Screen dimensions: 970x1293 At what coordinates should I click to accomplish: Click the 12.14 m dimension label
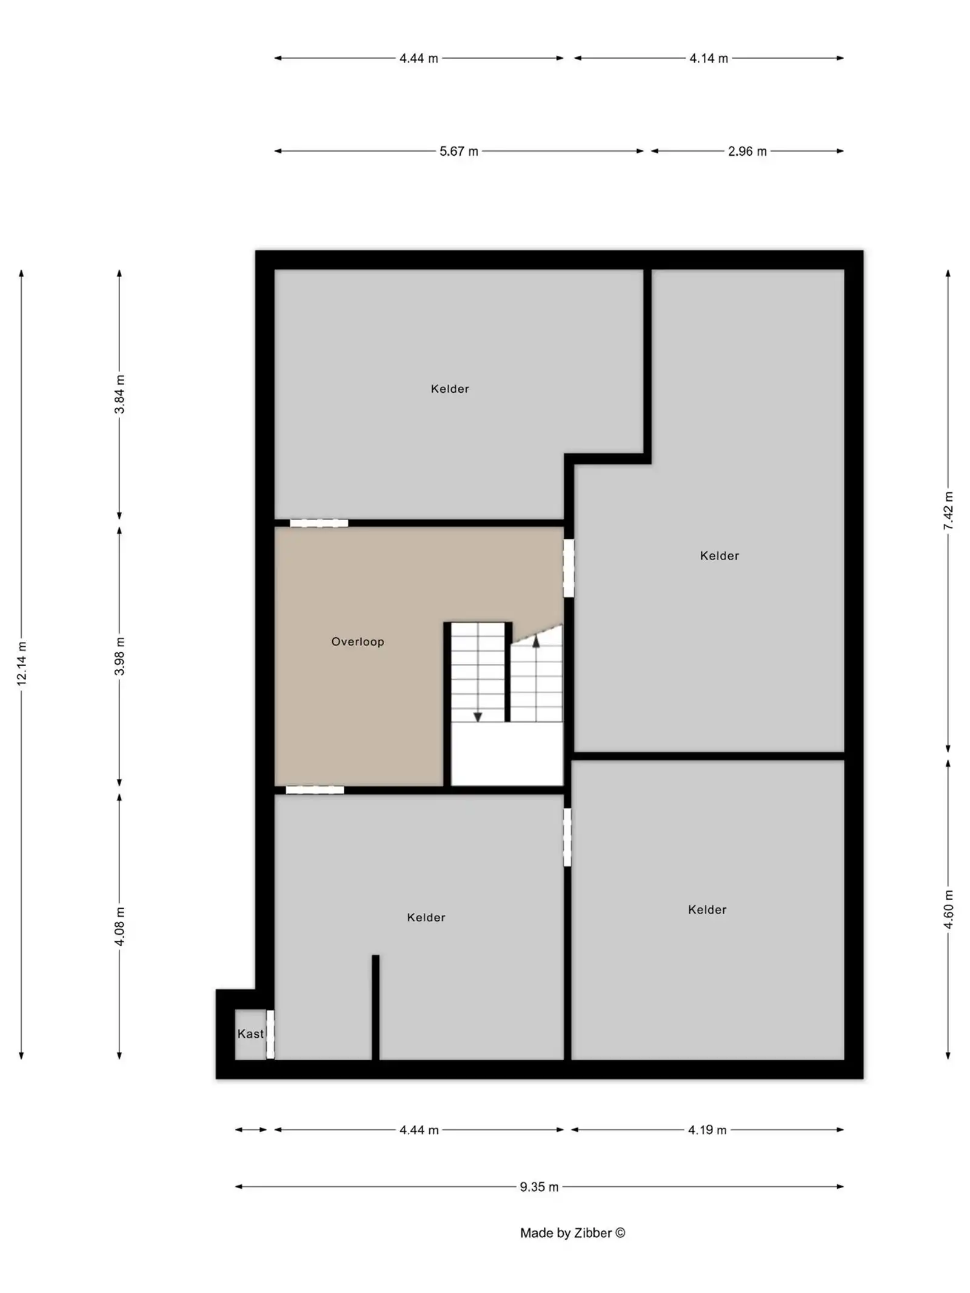(22, 663)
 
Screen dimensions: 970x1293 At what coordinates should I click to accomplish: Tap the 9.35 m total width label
(539, 1187)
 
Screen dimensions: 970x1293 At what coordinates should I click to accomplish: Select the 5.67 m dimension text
(459, 151)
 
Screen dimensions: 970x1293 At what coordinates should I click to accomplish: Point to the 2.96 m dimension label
(748, 151)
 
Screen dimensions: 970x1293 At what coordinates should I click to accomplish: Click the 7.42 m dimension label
(949, 510)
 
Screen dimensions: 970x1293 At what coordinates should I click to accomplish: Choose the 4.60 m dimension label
(949, 909)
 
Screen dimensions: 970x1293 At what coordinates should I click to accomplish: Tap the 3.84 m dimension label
(120, 394)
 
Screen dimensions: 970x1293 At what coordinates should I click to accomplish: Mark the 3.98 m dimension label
(120, 656)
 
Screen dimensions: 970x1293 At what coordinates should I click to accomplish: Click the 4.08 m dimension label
(120, 926)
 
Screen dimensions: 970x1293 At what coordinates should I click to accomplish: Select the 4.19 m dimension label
(707, 1130)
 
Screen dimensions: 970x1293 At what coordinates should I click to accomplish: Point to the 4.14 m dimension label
(709, 58)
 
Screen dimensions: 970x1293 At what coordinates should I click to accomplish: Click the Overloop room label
(358, 641)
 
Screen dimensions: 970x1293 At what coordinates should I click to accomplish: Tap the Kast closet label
(250, 1034)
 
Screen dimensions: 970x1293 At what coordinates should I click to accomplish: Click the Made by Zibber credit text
(572, 1233)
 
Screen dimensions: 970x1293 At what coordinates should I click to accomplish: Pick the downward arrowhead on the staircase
(478, 717)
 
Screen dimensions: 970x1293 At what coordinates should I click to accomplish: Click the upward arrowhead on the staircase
(536, 641)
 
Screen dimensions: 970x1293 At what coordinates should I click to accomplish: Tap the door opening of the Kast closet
(270, 1034)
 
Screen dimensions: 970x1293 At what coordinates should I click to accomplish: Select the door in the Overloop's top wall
(319, 523)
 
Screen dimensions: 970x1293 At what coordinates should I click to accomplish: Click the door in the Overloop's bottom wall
(315, 790)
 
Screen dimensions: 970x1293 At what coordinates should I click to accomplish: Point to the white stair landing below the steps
(507, 753)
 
